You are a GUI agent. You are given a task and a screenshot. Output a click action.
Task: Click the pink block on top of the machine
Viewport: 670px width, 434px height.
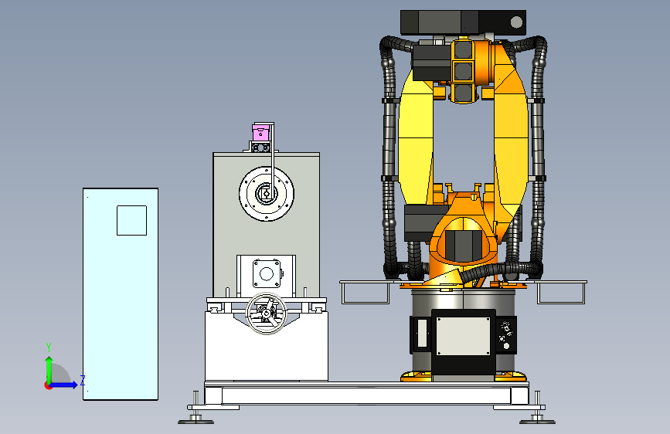pos(260,132)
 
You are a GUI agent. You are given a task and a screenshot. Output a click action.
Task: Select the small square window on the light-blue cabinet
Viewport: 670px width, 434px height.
pos(131,220)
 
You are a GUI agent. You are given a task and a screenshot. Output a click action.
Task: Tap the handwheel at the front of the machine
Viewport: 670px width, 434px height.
pos(266,314)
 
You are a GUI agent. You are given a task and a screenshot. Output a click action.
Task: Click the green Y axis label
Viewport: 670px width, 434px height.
pos(49,347)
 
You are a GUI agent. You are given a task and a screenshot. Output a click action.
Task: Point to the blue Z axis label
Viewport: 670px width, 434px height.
pos(83,380)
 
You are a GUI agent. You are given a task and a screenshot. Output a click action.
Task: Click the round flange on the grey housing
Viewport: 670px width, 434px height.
pos(266,194)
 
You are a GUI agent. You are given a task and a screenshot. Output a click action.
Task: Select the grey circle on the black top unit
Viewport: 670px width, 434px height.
pos(516,22)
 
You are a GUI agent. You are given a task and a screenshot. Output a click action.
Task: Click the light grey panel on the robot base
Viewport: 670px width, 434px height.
pos(463,336)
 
